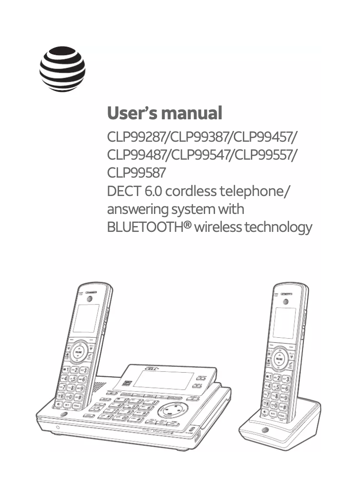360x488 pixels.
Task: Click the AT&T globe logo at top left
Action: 62,69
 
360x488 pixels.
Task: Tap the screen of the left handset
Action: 86,318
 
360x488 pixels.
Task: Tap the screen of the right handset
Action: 284,322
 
